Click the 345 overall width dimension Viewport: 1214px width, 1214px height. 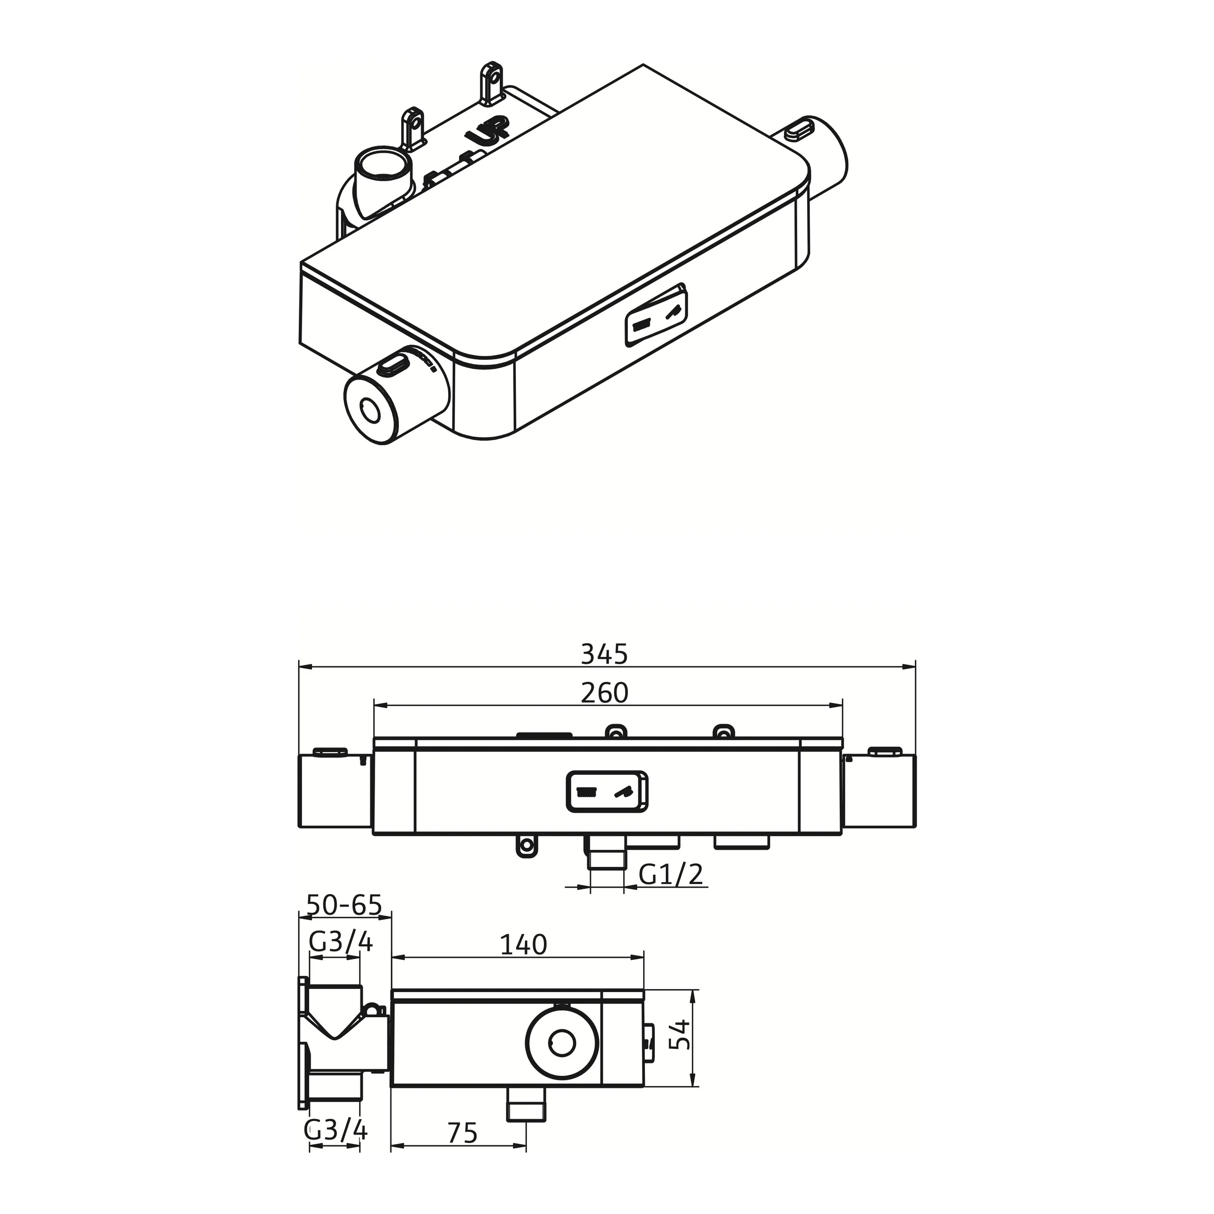(604, 654)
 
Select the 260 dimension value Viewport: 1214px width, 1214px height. (604, 692)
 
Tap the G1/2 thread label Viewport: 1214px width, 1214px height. (671, 874)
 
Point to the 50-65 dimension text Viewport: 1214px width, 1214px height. (344, 905)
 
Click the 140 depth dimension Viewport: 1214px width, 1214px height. (523, 962)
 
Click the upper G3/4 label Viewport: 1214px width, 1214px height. (341, 959)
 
